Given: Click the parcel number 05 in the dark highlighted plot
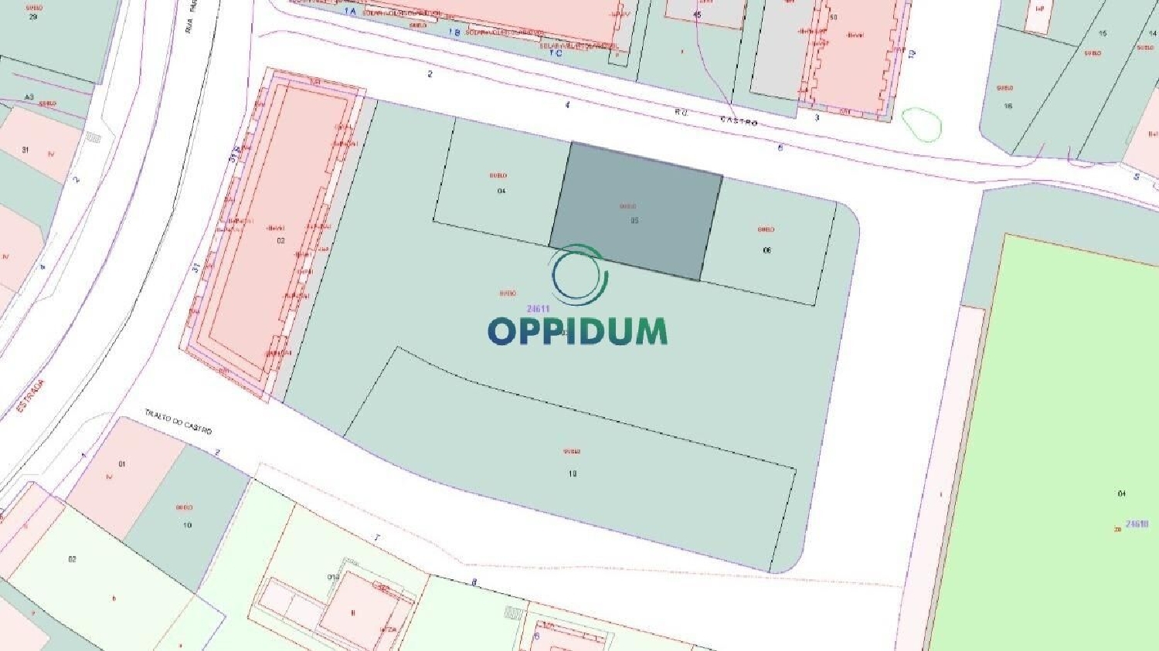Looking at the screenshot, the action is (x=634, y=221).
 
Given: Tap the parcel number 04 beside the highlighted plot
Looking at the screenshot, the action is (x=501, y=191).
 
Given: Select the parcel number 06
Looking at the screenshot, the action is (x=766, y=250).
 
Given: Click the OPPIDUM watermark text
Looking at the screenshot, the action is (x=577, y=331).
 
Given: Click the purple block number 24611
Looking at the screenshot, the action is (x=539, y=309).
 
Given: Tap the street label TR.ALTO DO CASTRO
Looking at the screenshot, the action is (x=178, y=422).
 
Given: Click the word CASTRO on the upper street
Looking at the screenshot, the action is (x=739, y=121).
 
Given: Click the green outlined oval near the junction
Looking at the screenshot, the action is (x=921, y=124).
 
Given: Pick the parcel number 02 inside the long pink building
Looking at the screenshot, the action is (x=281, y=240).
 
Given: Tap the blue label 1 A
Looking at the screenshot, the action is (x=350, y=12).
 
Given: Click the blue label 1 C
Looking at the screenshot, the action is (x=556, y=53).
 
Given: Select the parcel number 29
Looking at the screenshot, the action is (x=32, y=16).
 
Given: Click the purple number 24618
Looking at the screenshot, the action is (x=1137, y=524).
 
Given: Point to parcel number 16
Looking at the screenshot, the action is (x=1008, y=106).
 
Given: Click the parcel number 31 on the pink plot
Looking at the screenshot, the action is (x=25, y=150).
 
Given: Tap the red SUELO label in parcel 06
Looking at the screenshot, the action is (x=766, y=229).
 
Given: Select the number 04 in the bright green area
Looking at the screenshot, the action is (x=1121, y=493).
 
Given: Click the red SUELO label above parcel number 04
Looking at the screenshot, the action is (x=498, y=175).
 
